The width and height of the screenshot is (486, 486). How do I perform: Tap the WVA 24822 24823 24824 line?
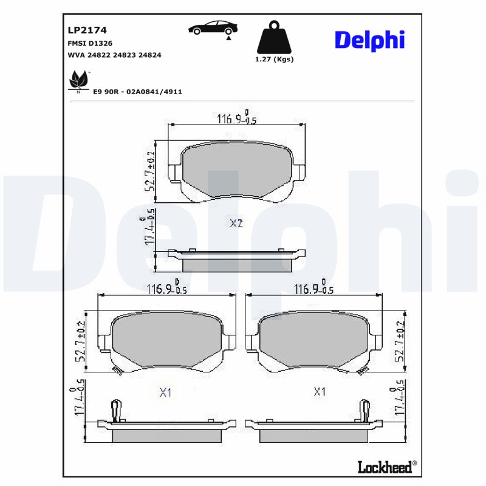coord(113,55)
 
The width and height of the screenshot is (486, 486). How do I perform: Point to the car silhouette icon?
coord(213,28)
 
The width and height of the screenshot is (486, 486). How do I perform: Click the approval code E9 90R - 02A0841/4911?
coord(137,91)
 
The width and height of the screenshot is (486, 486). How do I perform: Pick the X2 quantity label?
coord(236,224)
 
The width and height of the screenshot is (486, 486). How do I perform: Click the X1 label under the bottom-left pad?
coord(166,393)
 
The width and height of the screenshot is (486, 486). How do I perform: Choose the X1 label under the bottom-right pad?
coord(320,392)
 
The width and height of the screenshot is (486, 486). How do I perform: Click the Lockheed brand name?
coord(386,467)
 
